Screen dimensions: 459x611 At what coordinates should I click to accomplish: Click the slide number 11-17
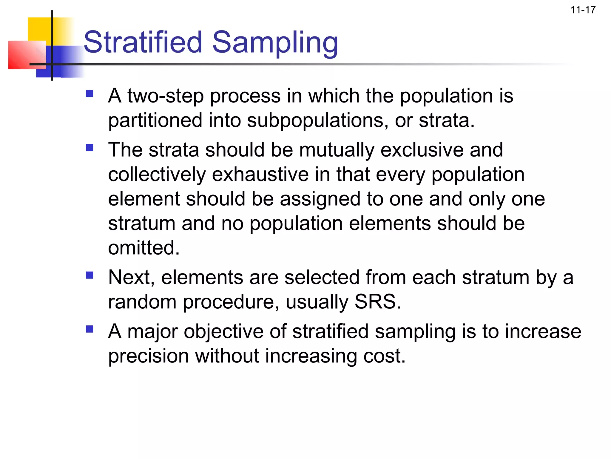coord(583,10)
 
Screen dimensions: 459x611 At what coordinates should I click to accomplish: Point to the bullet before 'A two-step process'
coord(90,94)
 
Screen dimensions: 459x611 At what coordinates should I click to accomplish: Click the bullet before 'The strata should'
coord(90,148)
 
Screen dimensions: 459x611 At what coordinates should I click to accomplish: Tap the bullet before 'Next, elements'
coord(90,275)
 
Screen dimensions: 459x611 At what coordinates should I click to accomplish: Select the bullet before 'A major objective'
coord(90,329)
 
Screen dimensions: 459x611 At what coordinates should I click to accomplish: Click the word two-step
coord(165,96)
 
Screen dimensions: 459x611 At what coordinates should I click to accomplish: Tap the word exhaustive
coord(260,175)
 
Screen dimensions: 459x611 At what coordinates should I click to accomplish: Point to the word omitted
coord(144,248)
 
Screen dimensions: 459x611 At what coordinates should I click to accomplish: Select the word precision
coord(148,356)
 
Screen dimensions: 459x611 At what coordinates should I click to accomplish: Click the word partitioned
coord(155,121)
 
